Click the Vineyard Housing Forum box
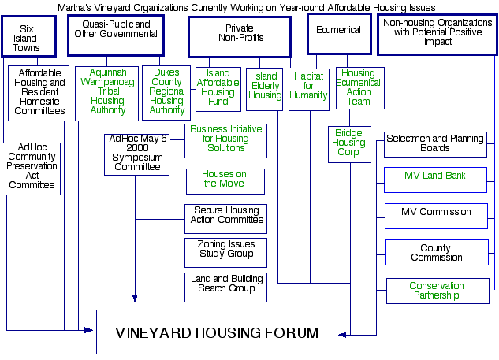click(217, 332)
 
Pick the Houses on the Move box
click(225, 180)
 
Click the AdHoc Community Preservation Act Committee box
click(31, 168)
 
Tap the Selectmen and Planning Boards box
click(434, 143)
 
